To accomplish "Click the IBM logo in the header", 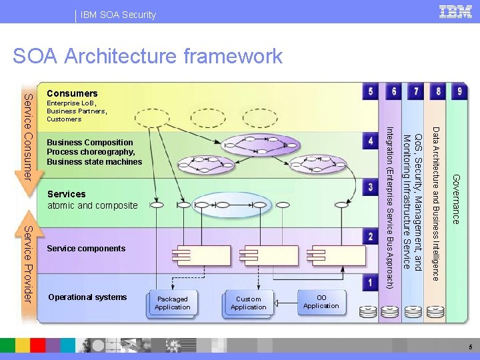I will [x=455, y=11].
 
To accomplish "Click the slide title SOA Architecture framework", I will [x=147, y=56].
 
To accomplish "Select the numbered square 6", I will [x=394, y=91].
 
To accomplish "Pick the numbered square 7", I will [x=416, y=91].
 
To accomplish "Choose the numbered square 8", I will [x=437, y=91].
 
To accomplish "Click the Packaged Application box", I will [x=173, y=303].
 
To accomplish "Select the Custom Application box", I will [x=249, y=303].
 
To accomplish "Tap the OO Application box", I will [x=321, y=301].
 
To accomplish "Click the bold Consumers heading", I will [x=72, y=93].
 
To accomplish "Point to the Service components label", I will [x=86, y=249].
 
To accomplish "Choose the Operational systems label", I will [x=87, y=297].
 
